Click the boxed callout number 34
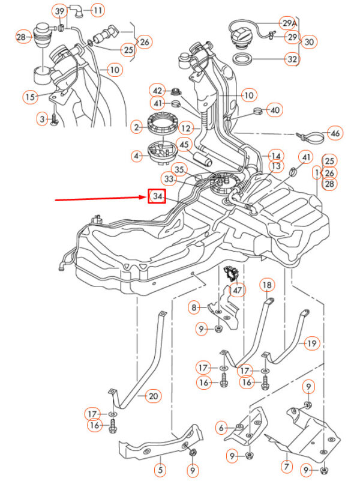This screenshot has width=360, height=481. pos(157,197)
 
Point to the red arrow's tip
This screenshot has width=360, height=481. pos(144,198)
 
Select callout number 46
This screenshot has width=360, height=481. pos(335,133)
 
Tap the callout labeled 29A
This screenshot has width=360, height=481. pos(289,23)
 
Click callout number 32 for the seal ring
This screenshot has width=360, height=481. pos(292,59)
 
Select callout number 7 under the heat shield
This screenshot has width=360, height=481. pos(286,465)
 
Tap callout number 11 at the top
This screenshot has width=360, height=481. pos(97,10)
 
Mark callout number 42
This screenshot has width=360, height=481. pos(157,91)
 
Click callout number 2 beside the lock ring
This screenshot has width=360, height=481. pos(137,127)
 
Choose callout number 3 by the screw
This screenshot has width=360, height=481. pos(42,119)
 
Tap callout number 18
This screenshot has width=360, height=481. pos(266,284)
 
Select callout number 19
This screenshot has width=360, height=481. pos(311,344)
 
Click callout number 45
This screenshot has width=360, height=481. pos(184,144)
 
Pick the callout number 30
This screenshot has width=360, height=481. pos(308,42)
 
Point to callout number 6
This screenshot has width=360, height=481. pos(222,428)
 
